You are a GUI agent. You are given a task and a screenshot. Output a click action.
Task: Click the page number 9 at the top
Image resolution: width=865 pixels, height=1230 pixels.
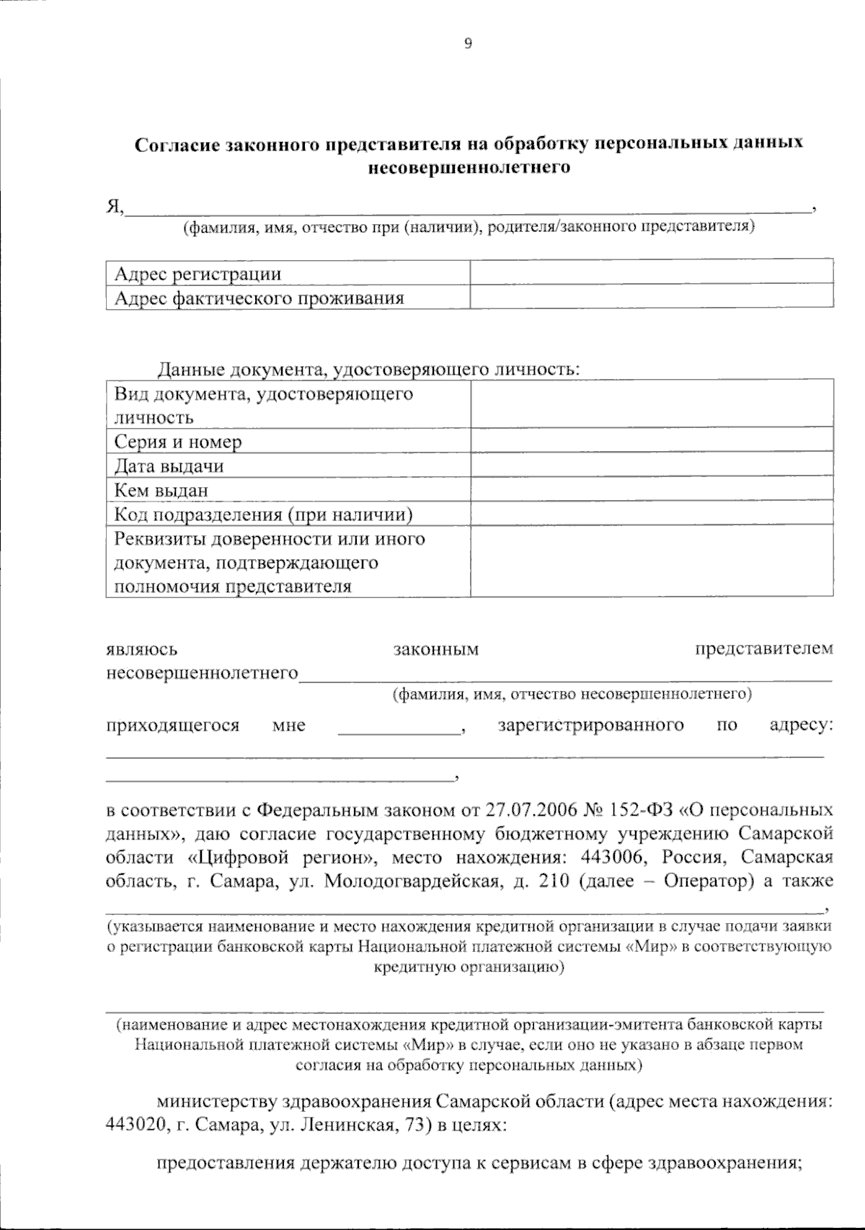(468, 44)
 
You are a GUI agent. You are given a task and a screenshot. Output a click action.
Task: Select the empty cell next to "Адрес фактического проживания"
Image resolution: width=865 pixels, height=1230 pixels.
(651, 298)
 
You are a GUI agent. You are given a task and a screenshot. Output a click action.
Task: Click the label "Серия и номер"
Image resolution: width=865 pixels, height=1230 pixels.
(178, 442)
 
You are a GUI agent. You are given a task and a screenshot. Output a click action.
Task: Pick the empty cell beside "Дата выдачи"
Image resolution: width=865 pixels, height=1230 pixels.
(651, 465)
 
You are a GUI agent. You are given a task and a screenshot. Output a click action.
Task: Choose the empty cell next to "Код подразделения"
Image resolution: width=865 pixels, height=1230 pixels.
(651, 514)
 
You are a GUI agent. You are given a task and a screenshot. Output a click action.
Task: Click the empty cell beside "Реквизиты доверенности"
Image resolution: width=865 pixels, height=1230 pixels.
(651, 562)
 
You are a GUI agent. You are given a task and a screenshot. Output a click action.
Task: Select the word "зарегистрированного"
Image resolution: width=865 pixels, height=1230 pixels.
(591, 725)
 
